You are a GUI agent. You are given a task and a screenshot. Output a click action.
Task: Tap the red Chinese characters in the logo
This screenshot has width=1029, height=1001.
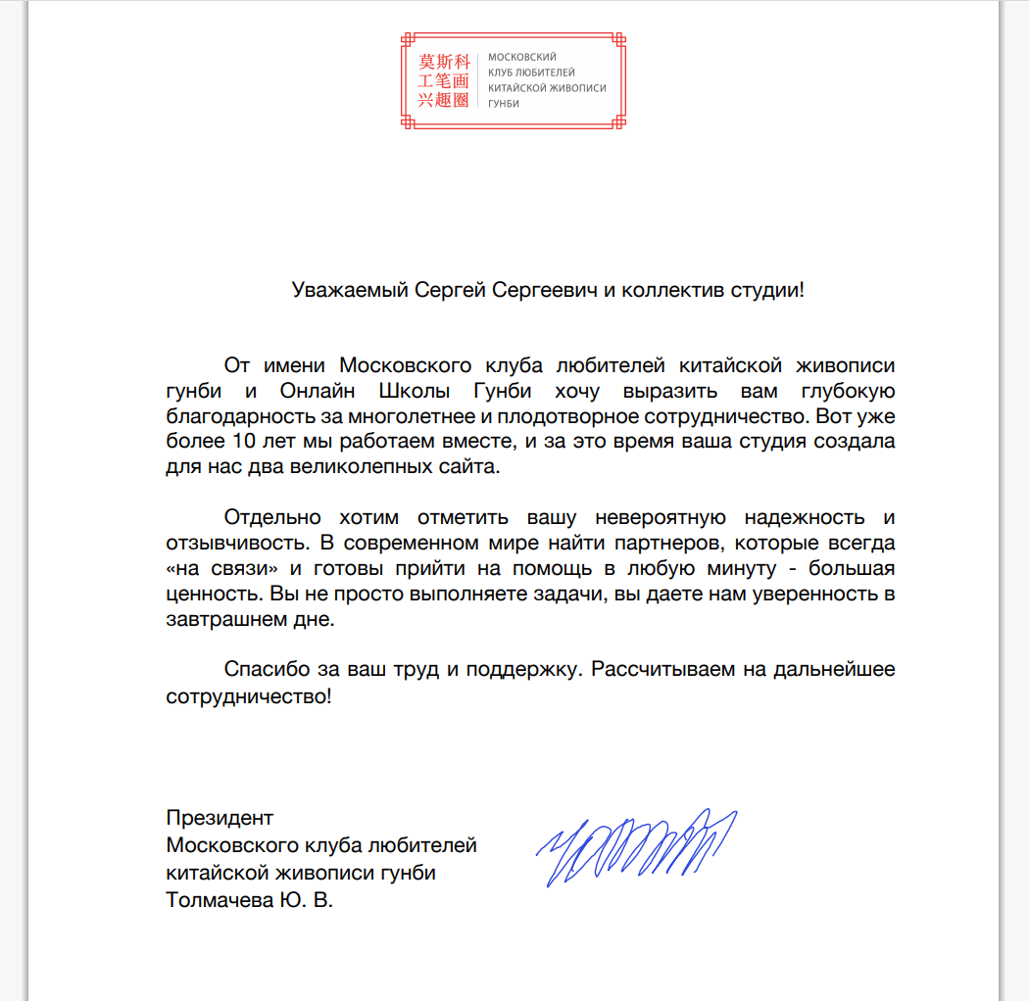click(444, 80)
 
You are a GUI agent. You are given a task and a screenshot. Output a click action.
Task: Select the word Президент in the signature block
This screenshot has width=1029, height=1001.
click(220, 818)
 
